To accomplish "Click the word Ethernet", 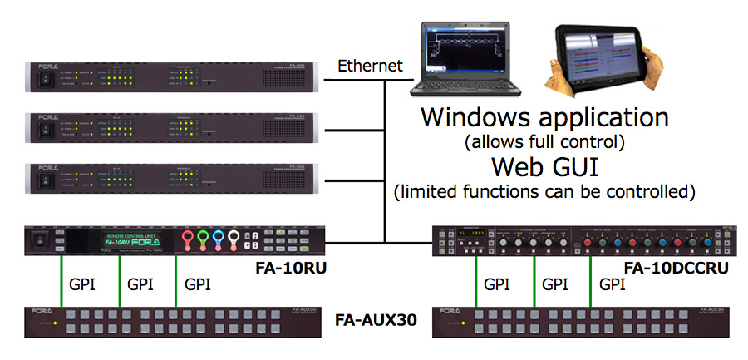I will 369,66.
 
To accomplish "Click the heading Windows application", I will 544,116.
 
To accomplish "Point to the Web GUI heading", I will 544,165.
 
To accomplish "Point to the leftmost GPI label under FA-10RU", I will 81,284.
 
